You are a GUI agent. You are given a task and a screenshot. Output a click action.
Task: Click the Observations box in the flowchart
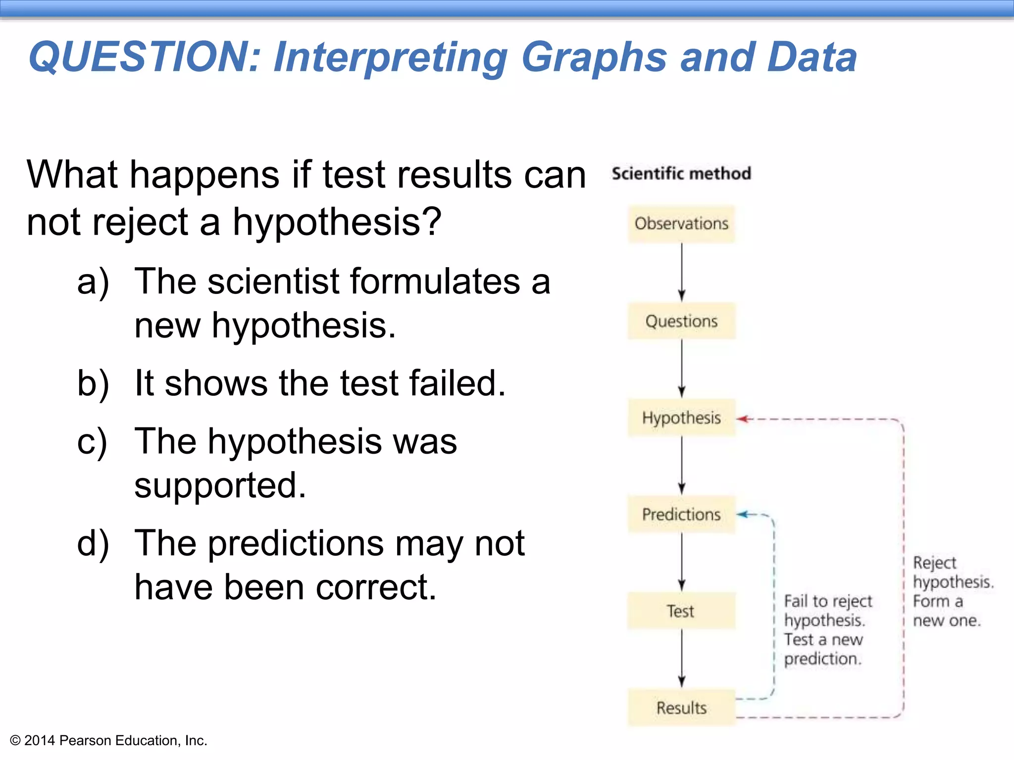click(681, 224)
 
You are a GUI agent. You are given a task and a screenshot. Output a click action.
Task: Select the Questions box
click(681, 321)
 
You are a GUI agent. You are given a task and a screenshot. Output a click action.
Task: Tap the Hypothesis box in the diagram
click(681, 418)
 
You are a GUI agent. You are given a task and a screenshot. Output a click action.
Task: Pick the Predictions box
click(681, 515)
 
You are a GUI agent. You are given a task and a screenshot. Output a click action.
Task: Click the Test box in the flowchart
click(681, 611)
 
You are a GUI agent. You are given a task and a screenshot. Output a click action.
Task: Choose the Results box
click(681, 708)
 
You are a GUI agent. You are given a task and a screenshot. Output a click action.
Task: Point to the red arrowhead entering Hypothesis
click(742, 419)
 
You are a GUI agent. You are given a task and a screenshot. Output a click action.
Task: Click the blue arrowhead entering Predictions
click(742, 515)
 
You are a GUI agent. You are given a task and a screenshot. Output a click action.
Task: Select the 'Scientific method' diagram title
click(681, 174)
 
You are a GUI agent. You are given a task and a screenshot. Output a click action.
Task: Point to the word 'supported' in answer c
click(220, 486)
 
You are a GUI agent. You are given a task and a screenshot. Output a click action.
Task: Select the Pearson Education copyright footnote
click(108, 741)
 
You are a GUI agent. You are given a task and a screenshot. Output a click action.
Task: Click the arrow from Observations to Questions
click(681, 272)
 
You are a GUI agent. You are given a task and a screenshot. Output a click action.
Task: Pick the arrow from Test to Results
click(681, 658)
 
